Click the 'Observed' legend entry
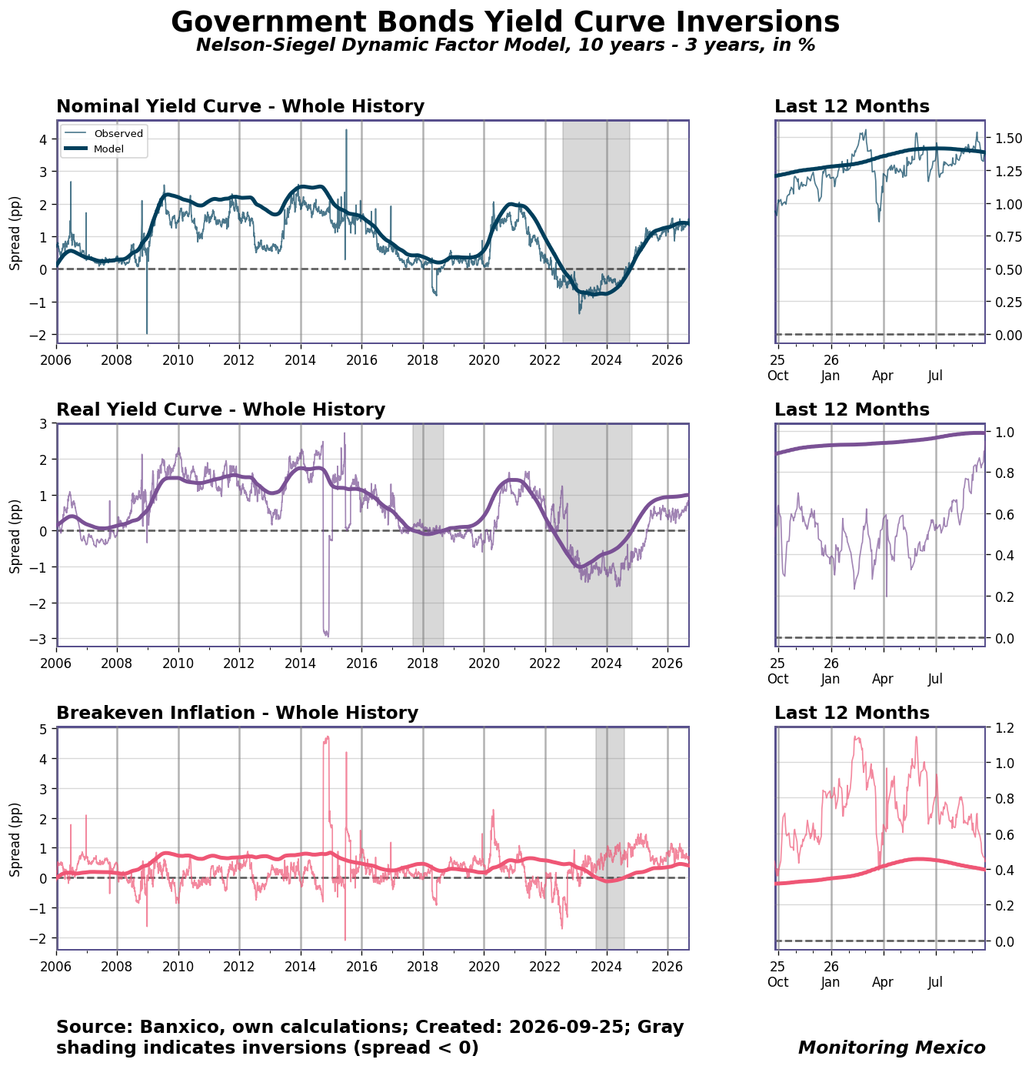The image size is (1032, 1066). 118,133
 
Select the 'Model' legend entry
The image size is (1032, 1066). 108,149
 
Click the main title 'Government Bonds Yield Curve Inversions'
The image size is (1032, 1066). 504,22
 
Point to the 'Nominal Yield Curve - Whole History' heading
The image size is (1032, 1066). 240,105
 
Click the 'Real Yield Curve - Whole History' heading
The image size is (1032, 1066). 221,409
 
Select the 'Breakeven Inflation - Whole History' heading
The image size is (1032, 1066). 237,712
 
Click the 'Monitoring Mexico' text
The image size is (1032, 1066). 891,1047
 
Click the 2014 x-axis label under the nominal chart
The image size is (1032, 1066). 300,359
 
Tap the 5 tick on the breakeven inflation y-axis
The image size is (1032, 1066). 49,729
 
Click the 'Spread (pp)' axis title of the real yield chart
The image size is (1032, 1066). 15,536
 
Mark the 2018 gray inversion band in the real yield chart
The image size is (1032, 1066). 428,535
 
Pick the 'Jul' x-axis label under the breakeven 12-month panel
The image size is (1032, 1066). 935,981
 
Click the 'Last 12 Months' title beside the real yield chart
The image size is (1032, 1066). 851,409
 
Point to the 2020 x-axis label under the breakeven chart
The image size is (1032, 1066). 484,966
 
